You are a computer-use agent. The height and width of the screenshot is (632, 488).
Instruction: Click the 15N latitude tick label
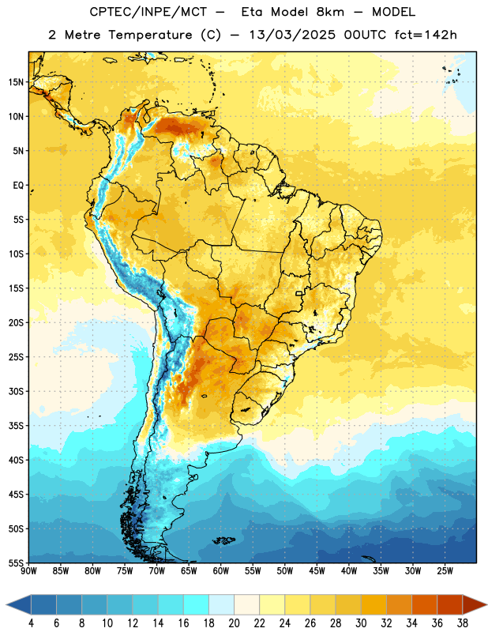click(x=16, y=82)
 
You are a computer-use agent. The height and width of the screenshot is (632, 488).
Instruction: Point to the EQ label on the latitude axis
click(x=18, y=186)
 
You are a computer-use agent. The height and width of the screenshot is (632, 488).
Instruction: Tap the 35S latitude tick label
click(x=16, y=426)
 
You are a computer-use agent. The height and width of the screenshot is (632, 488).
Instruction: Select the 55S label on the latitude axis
click(x=16, y=563)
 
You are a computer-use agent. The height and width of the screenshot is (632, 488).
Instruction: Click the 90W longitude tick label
click(x=28, y=571)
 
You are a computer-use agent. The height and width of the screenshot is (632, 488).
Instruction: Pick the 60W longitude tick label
click(x=221, y=571)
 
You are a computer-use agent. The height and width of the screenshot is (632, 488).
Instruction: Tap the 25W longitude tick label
click(x=445, y=571)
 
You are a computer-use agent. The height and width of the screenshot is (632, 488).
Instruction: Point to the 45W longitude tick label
click(x=317, y=571)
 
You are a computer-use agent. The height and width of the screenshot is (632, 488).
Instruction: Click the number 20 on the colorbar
click(x=234, y=623)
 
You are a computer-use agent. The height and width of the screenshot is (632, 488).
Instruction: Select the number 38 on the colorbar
click(x=462, y=623)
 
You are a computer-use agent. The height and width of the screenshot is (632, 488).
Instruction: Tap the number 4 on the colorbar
click(x=31, y=623)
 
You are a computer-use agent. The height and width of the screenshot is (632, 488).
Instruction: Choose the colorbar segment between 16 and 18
click(x=197, y=604)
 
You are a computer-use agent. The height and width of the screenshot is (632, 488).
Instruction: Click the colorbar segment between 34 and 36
click(x=424, y=604)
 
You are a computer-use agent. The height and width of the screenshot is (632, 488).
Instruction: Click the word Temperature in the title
click(x=150, y=35)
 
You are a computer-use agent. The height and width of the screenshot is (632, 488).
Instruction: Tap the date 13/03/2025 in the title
click(x=292, y=35)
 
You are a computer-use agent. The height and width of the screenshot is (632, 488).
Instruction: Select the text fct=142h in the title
click(x=426, y=35)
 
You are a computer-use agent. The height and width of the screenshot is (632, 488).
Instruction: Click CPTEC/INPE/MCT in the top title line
click(x=148, y=12)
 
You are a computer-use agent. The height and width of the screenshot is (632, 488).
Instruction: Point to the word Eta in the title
click(x=252, y=12)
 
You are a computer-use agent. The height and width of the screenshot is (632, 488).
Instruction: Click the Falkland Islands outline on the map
click(x=224, y=540)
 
